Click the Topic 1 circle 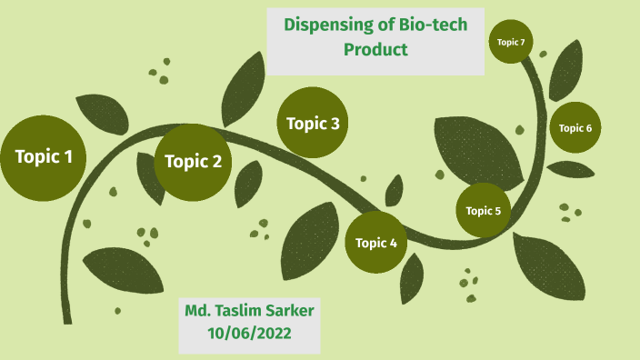[x=43, y=158]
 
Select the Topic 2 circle [x=193, y=163]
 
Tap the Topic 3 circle [x=313, y=123]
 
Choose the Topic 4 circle [x=376, y=242]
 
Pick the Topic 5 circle [x=484, y=210]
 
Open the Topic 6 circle [x=575, y=127]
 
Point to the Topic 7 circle [x=510, y=42]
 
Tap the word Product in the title [x=375, y=49]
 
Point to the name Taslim [x=250, y=310]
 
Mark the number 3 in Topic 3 [x=335, y=123]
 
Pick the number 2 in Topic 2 [x=216, y=163]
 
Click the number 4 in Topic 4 [x=394, y=243]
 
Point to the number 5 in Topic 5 [x=497, y=211]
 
